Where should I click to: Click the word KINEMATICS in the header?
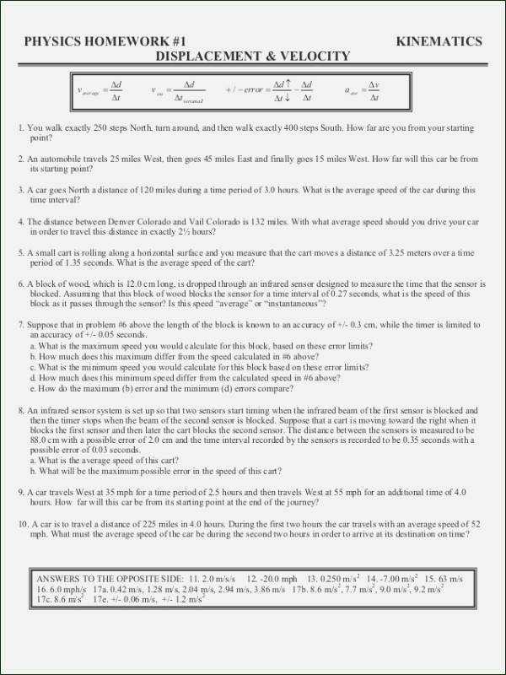pos(439,41)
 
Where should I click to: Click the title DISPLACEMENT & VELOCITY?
pos(253,57)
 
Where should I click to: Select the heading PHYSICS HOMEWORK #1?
pos(105,41)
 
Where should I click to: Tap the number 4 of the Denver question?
pos(20,222)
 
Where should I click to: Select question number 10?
pos(23,524)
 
